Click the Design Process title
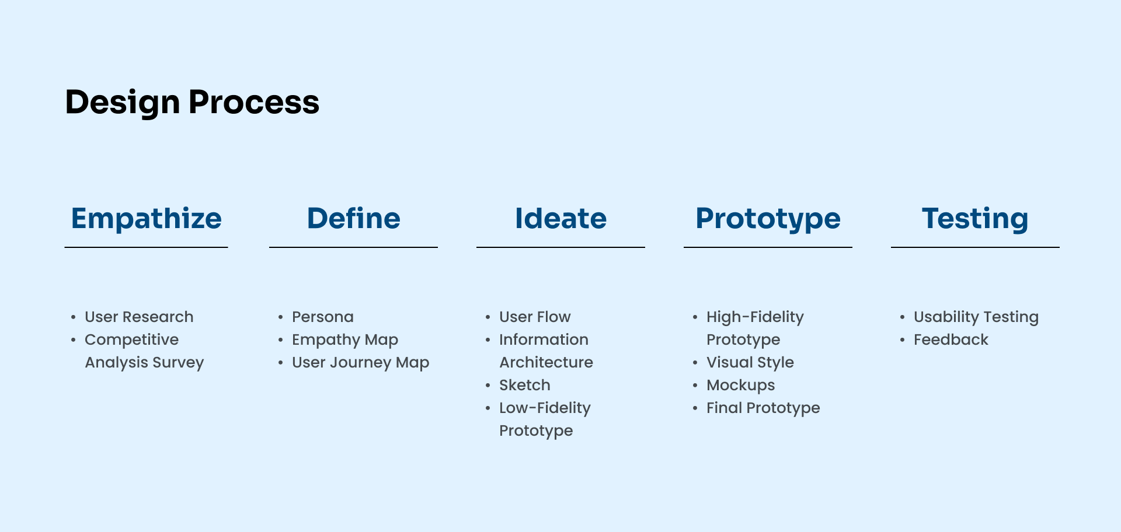192,103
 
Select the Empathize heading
147,219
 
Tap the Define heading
354,219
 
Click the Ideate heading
560,219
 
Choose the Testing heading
975,219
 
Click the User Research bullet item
139,317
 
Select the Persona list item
323,317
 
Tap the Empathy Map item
345,339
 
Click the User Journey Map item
360,362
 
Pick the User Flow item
535,317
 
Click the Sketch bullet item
525,385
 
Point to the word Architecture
546,362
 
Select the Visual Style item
750,362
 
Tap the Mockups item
741,385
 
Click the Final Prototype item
763,408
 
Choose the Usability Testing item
976,317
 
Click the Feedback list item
951,339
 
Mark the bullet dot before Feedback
902,339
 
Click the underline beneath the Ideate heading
560,247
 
